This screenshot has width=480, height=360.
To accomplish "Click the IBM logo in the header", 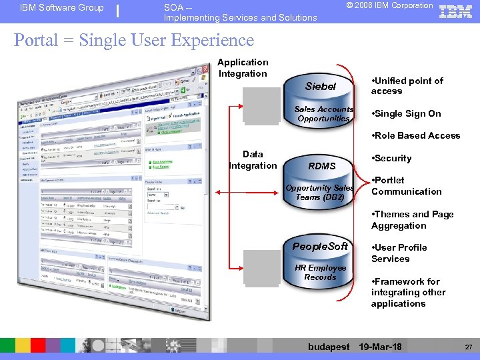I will [x=456, y=11].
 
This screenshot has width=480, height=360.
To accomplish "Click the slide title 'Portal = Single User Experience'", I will [x=134, y=40].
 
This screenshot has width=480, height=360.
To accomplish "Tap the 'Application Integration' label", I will [x=243, y=68].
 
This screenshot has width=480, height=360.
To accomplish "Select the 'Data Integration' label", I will [x=253, y=160].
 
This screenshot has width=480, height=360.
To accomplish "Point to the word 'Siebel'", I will [x=321, y=87].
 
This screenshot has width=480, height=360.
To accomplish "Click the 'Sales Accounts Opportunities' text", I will [x=324, y=114].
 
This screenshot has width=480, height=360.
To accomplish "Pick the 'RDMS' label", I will [x=322, y=166].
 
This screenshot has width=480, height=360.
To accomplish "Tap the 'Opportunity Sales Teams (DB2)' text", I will [x=320, y=193].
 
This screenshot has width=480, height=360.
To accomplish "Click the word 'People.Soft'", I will [x=321, y=247].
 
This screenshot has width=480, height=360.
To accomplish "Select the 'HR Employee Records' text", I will [x=321, y=273].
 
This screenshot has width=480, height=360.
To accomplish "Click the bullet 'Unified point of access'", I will [x=407, y=86].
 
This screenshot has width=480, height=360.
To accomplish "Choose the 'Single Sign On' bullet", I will [x=406, y=114].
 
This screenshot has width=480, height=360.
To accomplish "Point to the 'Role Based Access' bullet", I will [x=415, y=135].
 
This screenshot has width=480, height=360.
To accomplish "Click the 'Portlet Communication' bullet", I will [x=406, y=186].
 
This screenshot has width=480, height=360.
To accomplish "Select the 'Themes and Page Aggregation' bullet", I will [x=412, y=220].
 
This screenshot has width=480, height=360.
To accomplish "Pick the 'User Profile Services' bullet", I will [x=399, y=253].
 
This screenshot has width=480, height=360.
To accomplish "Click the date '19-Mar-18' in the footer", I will [x=380, y=347].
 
